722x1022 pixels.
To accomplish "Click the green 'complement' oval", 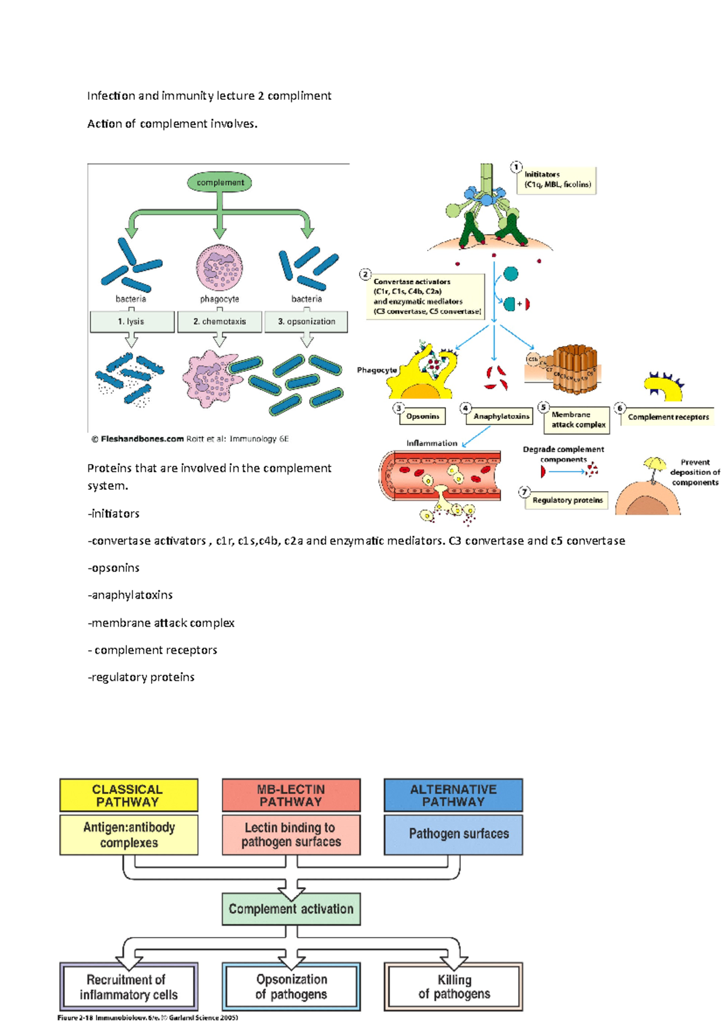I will (220, 182).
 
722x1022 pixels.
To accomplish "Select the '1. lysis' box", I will (132, 321).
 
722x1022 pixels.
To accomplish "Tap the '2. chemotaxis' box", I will (220, 321).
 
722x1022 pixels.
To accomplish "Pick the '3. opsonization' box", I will (306, 321).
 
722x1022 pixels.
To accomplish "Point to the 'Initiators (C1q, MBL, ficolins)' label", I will (557, 180).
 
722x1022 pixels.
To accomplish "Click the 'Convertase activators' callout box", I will (425, 296).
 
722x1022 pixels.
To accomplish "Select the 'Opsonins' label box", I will (422, 416).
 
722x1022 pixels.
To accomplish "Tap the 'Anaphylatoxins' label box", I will (501, 416).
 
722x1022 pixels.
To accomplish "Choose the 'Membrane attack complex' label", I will (578, 420).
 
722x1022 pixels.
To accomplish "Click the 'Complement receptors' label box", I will (668, 417).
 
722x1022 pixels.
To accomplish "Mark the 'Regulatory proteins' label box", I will (567, 500).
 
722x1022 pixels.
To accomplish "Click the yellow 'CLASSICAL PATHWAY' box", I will (128, 795).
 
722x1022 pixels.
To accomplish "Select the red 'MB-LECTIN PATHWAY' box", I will (291, 795).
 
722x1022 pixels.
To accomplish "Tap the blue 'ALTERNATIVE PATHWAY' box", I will (453, 795).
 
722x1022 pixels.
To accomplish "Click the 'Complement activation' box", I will (291, 909).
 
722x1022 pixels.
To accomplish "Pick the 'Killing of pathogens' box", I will (453, 987).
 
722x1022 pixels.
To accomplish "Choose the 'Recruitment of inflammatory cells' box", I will (128, 987).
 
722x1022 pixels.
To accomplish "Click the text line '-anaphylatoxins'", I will (131, 595).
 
